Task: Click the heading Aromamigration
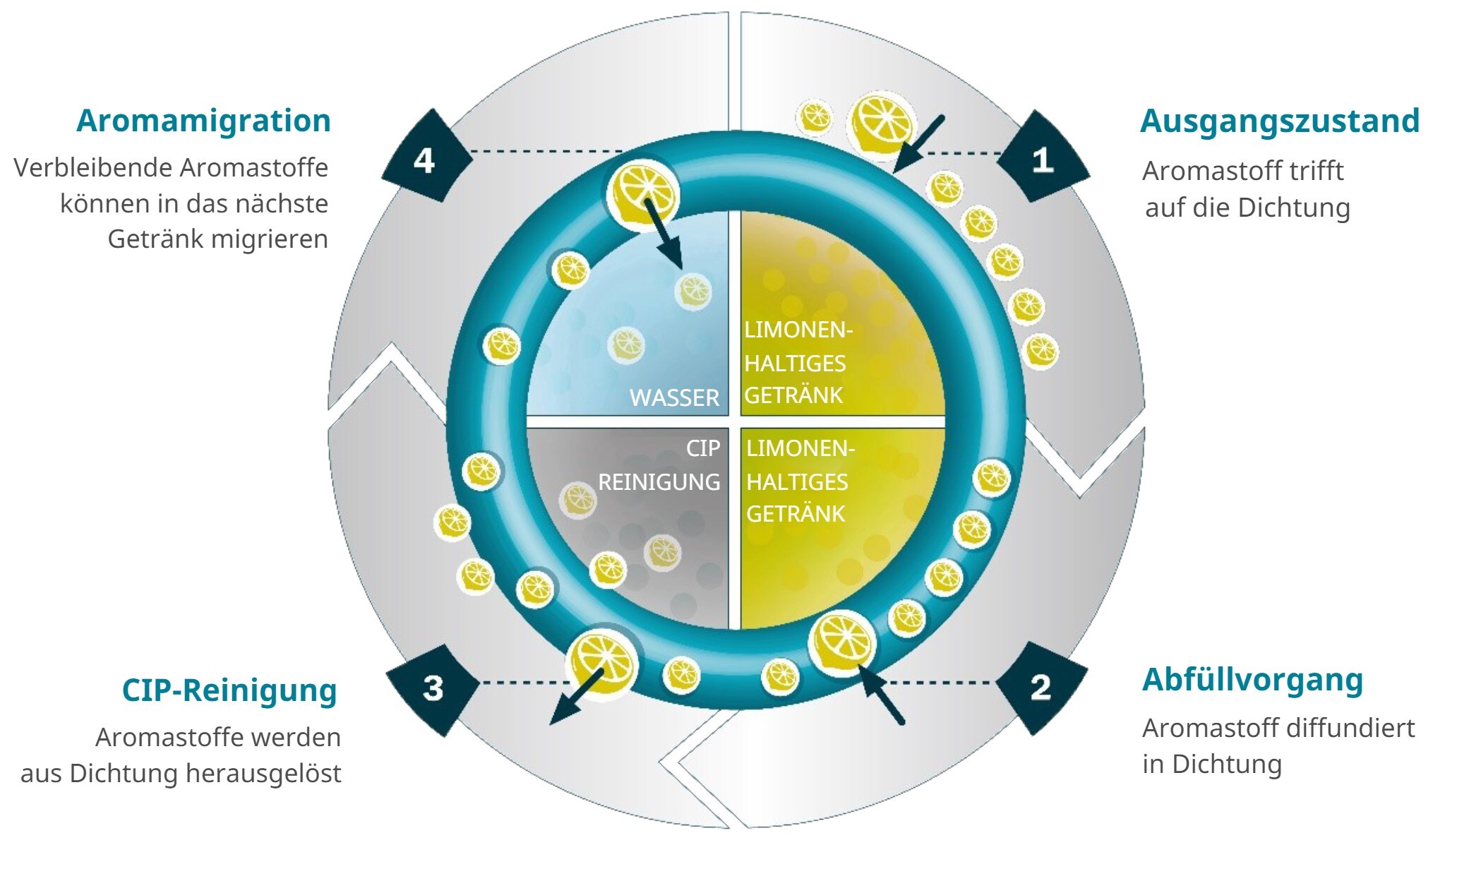(x=203, y=121)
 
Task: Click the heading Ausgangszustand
(x=1279, y=121)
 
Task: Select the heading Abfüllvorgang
(x=1252, y=681)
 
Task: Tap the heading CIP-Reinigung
(x=229, y=690)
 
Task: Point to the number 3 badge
(x=432, y=689)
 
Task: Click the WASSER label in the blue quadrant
(x=674, y=398)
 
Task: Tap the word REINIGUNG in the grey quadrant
(x=659, y=482)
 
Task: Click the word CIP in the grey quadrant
(x=703, y=448)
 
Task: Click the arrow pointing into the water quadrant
(x=664, y=234)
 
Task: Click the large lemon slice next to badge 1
(x=880, y=126)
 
